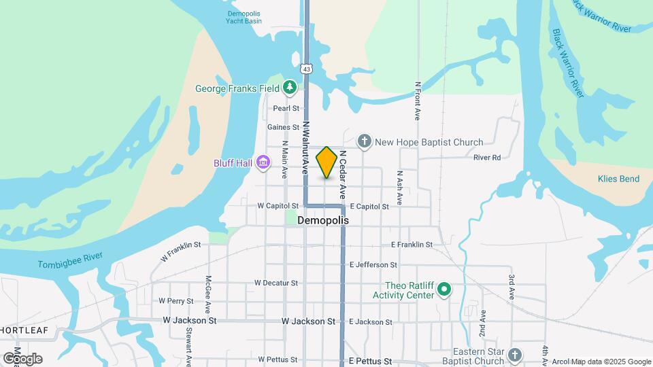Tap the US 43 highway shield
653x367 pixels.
point(307,69)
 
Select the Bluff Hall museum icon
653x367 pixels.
point(263,162)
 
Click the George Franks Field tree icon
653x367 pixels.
point(290,88)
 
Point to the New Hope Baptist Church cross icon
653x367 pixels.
point(365,142)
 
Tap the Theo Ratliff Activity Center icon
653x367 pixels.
point(444,290)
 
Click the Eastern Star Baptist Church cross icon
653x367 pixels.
point(515,355)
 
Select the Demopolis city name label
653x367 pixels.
point(323,221)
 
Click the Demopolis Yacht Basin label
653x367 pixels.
point(244,17)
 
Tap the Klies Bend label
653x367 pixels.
point(618,179)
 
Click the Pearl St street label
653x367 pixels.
point(286,108)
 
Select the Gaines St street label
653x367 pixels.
point(283,127)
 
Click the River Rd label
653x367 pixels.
point(487,158)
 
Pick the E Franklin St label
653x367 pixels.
point(412,245)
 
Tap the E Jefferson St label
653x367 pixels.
point(373,264)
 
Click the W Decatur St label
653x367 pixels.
point(276,283)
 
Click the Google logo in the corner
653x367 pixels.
point(22,358)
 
